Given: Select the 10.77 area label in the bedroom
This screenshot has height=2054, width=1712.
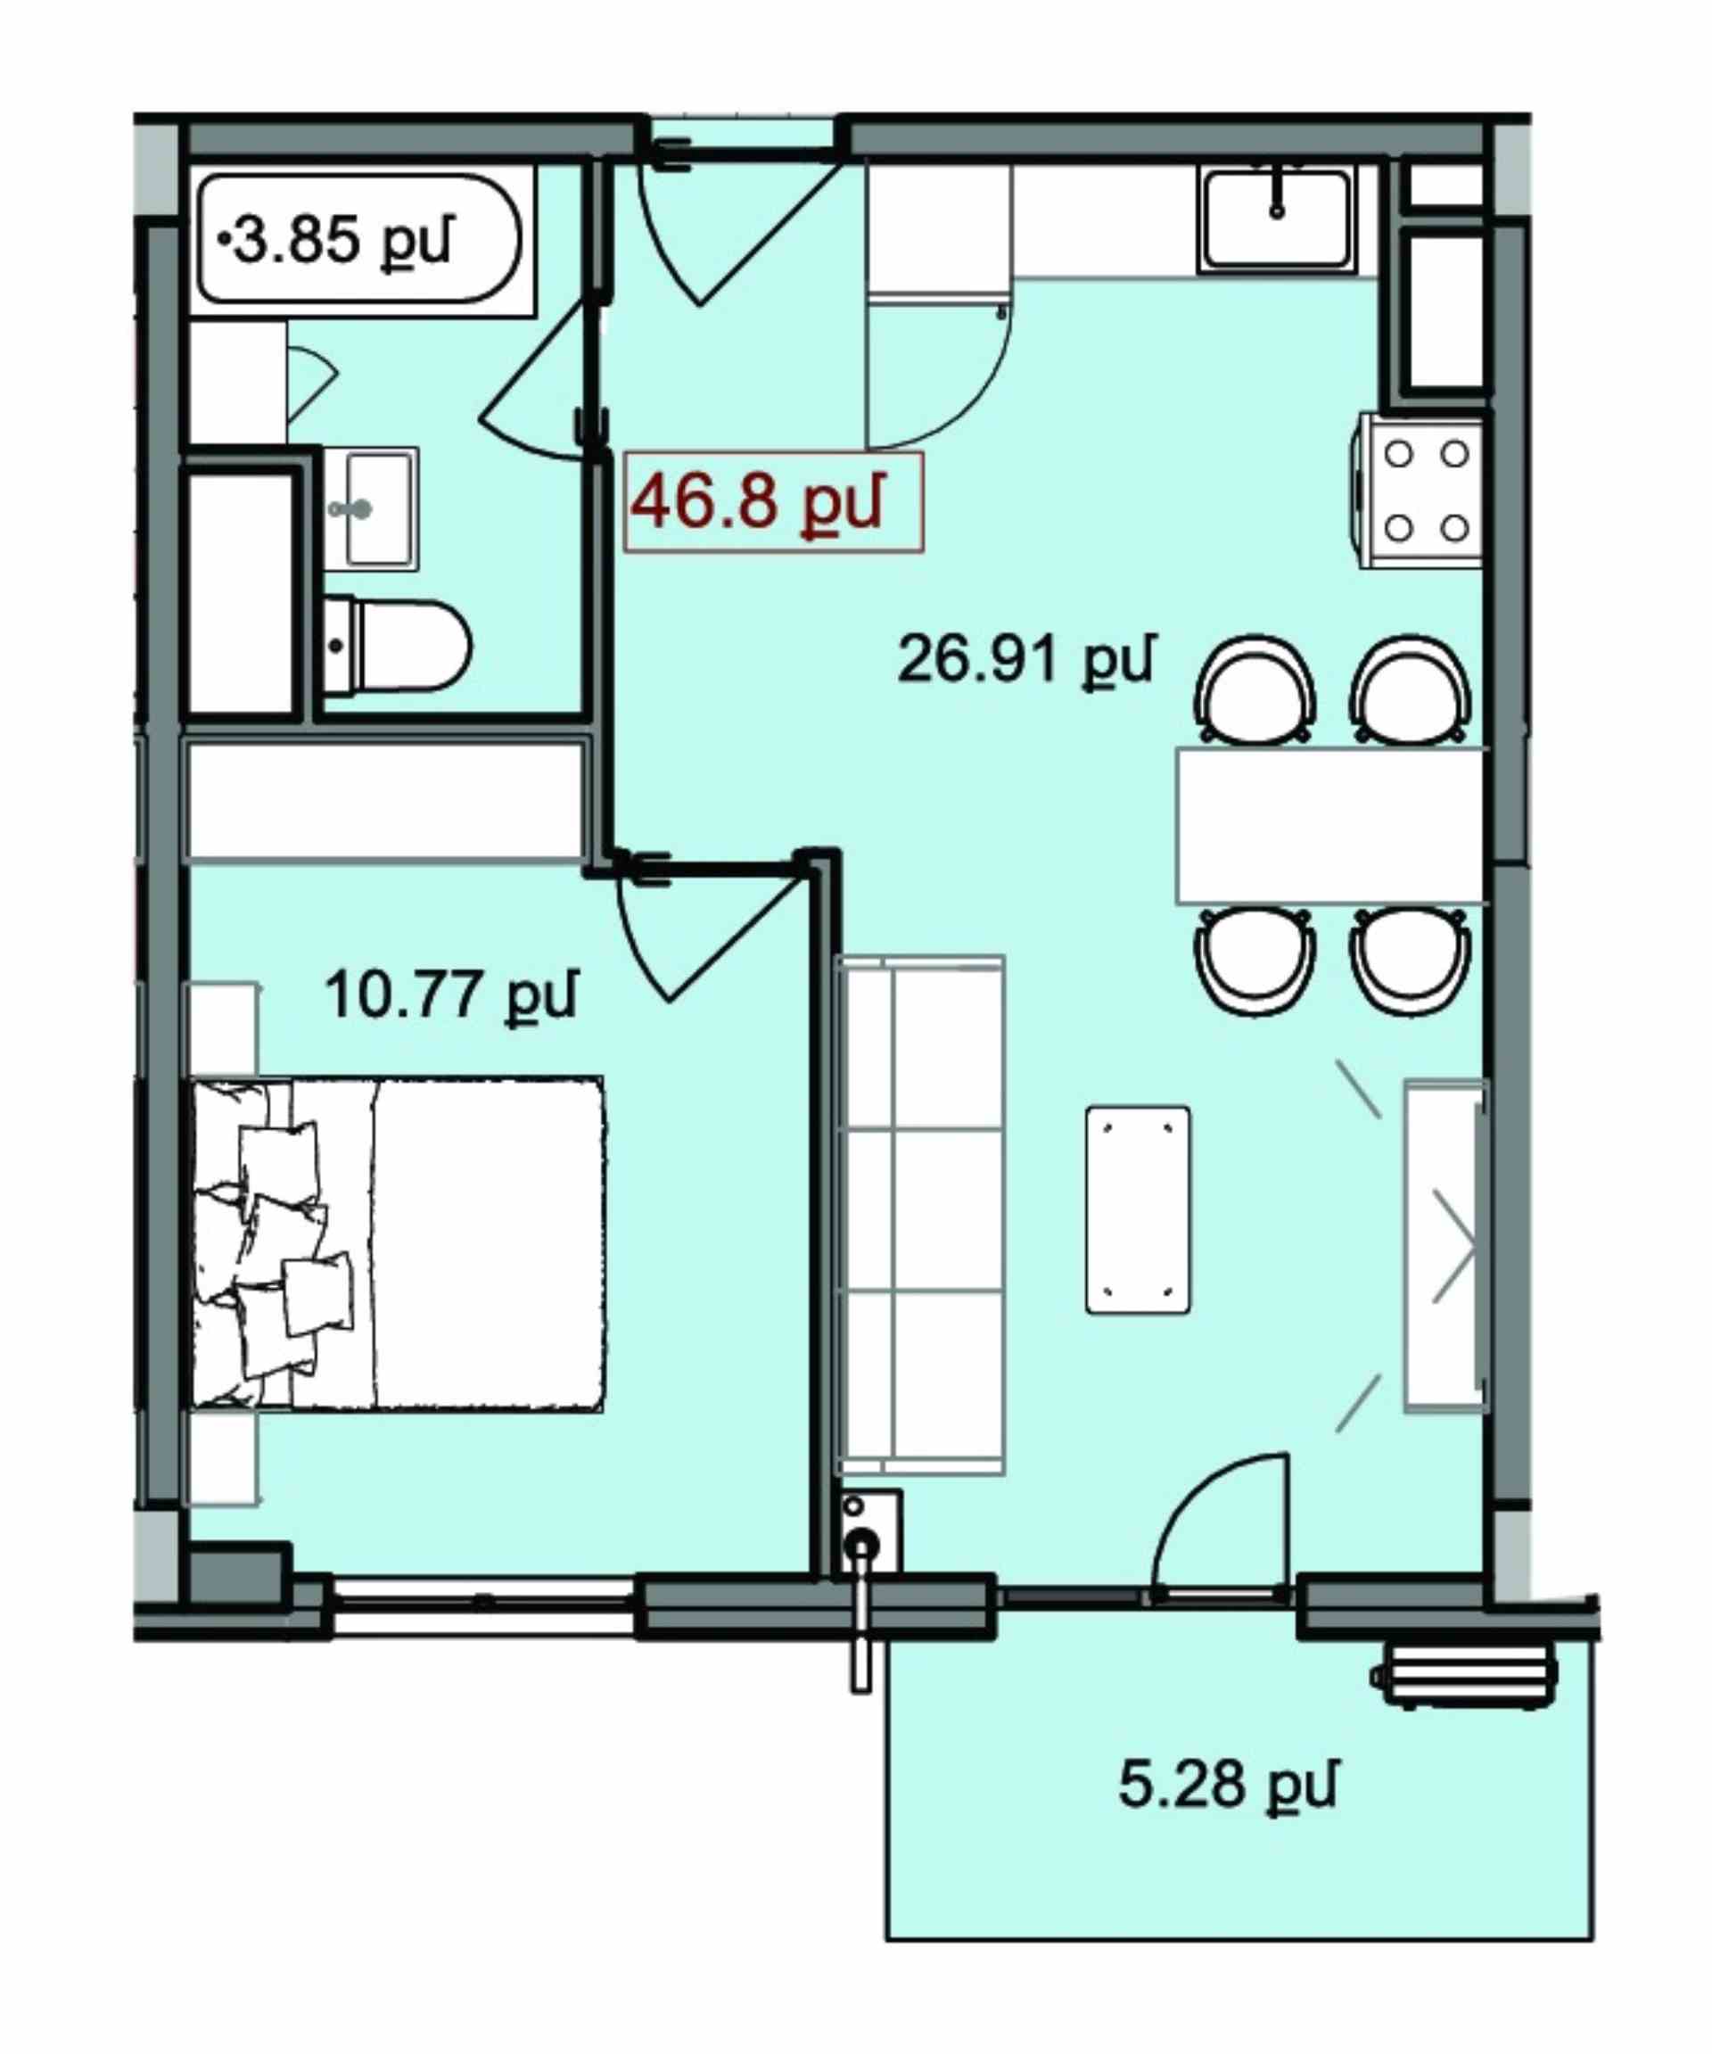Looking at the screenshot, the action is [x=450, y=994].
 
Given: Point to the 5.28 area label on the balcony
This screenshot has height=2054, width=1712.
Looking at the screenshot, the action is [x=1226, y=1783].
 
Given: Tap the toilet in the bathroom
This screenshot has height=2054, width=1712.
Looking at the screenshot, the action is [x=397, y=646].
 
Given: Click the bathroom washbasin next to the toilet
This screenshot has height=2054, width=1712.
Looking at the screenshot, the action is [x=372, y=508].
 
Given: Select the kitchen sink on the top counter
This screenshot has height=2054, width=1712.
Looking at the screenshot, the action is [x=1277, y=219].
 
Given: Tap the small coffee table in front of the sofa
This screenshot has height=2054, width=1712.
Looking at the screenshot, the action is [x=1138, y=1210].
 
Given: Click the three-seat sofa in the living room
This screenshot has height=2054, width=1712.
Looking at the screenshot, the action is [x=920, y=1214].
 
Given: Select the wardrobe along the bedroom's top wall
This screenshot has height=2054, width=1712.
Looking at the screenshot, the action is [x=387, y=802].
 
